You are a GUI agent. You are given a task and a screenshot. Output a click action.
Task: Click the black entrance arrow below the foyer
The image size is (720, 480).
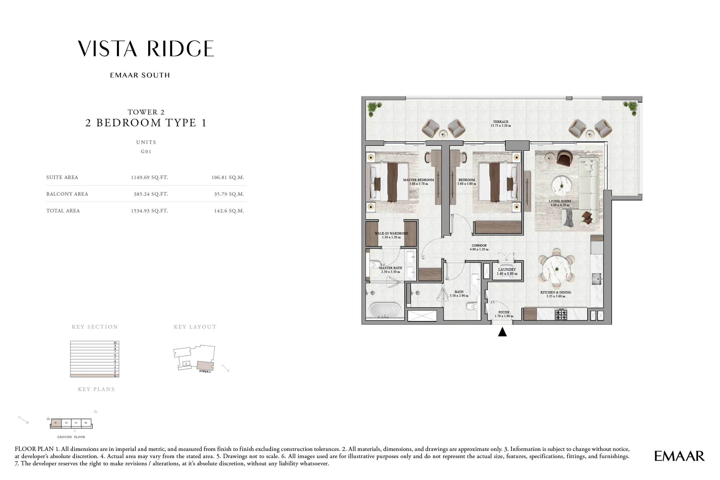(502, 332)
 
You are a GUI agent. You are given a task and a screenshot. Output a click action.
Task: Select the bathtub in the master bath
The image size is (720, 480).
(384, 310)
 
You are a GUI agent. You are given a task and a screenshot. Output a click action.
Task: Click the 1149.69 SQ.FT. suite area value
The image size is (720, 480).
(149, 177)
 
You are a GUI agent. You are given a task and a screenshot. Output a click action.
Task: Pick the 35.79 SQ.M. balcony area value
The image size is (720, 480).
(229, 194)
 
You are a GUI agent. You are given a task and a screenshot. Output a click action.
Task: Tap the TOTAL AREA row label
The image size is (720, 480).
(63, 211)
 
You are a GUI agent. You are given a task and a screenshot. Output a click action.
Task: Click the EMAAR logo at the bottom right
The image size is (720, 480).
(679, 456)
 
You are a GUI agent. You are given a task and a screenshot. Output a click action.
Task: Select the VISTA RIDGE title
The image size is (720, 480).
(146, 49)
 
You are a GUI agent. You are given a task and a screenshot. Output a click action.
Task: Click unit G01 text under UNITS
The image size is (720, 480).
(146, 152)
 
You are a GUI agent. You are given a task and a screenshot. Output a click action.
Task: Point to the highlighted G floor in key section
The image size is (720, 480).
(94, 376)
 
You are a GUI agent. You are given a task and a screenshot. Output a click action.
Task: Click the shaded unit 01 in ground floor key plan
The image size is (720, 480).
(56, 423)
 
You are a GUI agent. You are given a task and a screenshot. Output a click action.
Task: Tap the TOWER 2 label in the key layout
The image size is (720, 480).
(205, 371)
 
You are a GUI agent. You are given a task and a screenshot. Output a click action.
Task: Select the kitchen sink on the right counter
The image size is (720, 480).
(596, 279)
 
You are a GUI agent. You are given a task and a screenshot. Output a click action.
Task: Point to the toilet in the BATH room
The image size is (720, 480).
(471, 306)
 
